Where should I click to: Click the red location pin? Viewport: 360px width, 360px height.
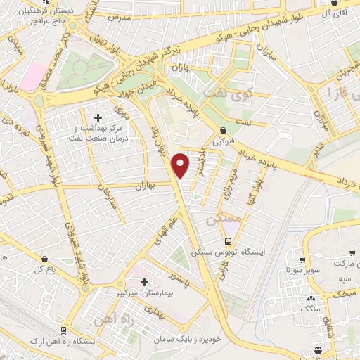(x=181, y=166)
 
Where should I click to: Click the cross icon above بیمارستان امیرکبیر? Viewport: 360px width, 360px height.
(x=145, y=281)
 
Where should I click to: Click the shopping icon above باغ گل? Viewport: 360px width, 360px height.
(x=45, y=259)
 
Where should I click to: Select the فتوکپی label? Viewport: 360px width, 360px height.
(x=223, y=140)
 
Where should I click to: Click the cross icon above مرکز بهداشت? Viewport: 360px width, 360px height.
(x=98, y=116)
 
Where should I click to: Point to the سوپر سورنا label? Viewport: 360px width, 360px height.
(x=283, y=270)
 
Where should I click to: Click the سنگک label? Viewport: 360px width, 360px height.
(x=309, y=308)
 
